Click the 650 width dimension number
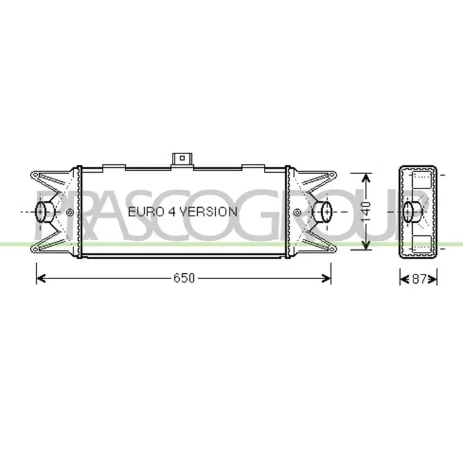[x=184, y=278]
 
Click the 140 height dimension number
[x=366, y=212]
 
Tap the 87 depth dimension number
[x=419, y=278]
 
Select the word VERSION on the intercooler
[x=208, y=212]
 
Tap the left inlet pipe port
[x=44, y=212]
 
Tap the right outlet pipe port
[x=323, y=212]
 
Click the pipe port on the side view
[x=413, y=212]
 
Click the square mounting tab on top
[x=182, y=160]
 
